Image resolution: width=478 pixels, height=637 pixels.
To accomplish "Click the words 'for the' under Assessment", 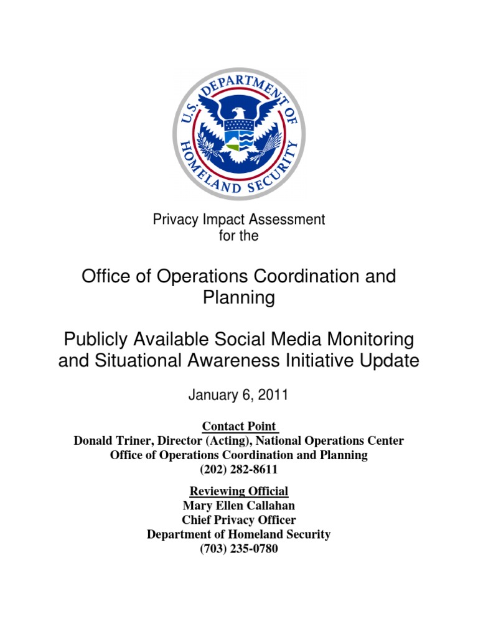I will click(239, 236).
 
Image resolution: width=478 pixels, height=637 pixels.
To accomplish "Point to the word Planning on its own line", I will click(239, 298).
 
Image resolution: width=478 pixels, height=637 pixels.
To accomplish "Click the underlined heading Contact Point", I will click(239, 426).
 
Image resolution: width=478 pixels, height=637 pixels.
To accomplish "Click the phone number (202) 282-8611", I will click(239, 470).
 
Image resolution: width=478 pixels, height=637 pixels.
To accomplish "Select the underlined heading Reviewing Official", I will click(239, 491).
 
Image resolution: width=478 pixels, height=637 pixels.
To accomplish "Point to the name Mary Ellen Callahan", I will click(239, 506).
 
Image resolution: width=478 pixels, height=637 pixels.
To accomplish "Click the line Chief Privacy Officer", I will click(239, 520).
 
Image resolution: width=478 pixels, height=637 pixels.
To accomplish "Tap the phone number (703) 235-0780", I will click(239, 549).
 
